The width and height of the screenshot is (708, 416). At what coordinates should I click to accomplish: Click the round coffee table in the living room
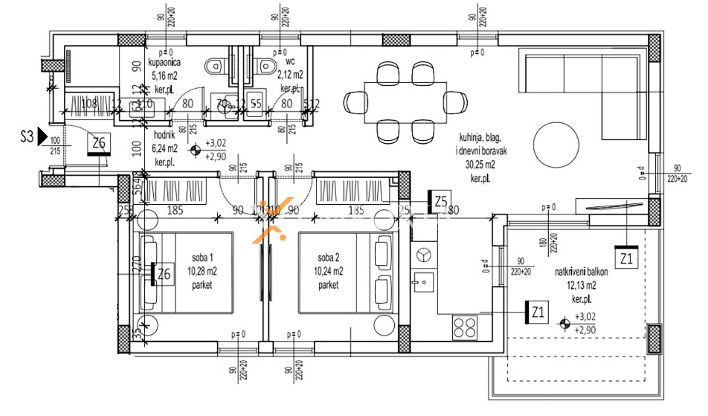(556, 145)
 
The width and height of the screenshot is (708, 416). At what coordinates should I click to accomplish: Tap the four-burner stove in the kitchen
(465, 328)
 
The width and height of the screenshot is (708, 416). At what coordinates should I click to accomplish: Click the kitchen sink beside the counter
(423, 282)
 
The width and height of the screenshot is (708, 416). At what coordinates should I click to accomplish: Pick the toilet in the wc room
(266, 67)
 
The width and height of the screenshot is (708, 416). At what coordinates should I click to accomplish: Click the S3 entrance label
(27, 137)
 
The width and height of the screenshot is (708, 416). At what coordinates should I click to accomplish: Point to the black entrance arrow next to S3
(42, 136)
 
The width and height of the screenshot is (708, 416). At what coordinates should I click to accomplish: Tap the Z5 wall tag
(440, 202)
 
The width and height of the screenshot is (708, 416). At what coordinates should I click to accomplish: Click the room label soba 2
(328, 257)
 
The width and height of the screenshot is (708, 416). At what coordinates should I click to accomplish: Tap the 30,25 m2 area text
(480, 165)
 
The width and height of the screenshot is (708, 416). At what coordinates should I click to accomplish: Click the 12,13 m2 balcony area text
(581, 286)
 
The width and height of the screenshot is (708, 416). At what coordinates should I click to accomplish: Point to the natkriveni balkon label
(581, 272)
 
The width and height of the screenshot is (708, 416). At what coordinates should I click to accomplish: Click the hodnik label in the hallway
(164, 135)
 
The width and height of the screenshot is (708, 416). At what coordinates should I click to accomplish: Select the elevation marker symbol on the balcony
(564, 324)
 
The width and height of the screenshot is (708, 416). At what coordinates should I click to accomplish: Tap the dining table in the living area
(405, 102)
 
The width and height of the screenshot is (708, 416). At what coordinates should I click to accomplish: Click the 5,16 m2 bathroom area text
(164, 76)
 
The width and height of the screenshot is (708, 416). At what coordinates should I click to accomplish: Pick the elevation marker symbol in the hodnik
(195, 150)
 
